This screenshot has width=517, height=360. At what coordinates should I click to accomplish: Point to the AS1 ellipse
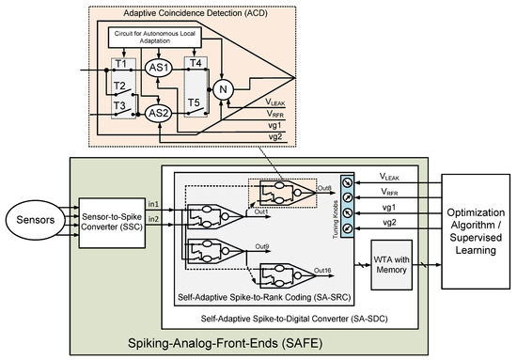tap(163, 68)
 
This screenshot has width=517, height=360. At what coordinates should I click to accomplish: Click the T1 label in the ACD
tap(119, 64)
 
